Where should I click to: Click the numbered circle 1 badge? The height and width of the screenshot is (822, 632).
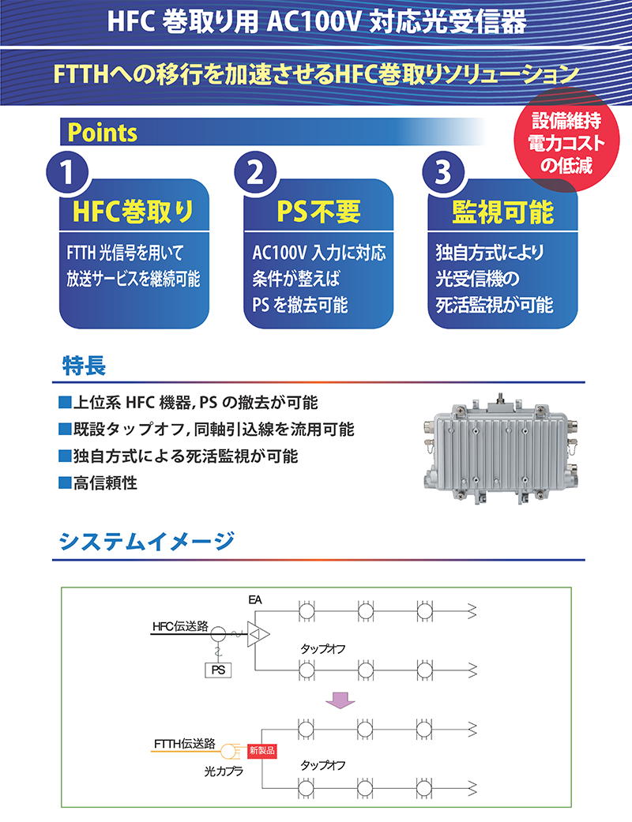click(x=67, y=172)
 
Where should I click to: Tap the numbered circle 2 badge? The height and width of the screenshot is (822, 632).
click(x=255, y=172)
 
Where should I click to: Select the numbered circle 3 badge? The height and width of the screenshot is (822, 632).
click(x=444, y=172)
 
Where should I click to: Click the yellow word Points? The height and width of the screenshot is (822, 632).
click(x=102, y=133)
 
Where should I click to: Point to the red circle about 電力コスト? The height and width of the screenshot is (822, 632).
click(x=566, y=141)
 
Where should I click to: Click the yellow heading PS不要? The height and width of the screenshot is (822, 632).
click(x=318, y=212)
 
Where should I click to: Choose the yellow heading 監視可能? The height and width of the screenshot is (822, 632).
click(x=503, y=212)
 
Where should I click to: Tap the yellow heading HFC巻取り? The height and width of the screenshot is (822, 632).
click(x=134, y=212)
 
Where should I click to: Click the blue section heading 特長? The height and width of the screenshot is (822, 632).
click(x=85, y=366)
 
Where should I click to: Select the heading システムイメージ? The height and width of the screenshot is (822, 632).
click(x=147, y=541)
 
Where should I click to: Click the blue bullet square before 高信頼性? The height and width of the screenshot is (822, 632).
click(x=65, y=482)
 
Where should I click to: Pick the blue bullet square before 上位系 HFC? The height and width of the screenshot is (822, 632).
click(x=65, y=403)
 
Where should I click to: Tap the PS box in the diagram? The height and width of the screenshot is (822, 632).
click(x=218, y=670)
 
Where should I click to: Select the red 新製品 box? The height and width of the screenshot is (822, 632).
click(x=261, y=751)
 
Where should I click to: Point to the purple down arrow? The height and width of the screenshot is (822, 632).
click(x=340, y=700)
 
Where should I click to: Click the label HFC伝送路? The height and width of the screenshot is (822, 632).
click(x=180, y=626)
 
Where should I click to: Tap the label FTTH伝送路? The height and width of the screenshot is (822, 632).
click(x=185, y=743)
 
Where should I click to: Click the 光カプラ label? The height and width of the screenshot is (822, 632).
click(x=224, y=771)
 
